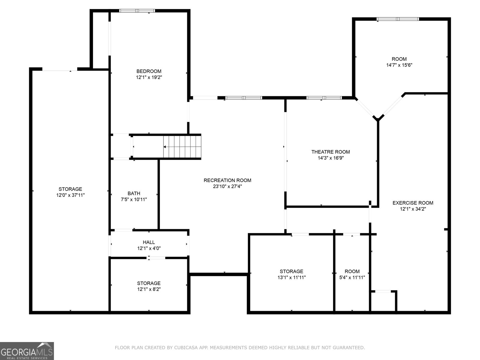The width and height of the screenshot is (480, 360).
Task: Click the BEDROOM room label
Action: (149, 71)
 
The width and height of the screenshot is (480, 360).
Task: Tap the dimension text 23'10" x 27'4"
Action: (227, 186)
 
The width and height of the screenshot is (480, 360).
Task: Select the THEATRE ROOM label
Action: (331, 152)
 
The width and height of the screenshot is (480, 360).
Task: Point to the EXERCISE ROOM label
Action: (413, 203)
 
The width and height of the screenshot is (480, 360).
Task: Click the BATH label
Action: (134, 193)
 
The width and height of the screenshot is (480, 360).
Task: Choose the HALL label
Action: (149, 242)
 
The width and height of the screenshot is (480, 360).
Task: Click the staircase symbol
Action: (182, 147)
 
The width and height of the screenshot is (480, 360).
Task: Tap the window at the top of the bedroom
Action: (137, 11)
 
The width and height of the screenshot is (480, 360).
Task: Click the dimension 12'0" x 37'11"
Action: (70, 195)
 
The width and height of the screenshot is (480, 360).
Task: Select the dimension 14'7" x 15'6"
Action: (399, 65)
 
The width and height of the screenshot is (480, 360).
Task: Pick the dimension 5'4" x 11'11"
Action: (352, 277)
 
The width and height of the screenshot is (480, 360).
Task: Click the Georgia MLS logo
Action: (27, 351)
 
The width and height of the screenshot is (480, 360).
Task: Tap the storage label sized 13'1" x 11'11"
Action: (292, 271)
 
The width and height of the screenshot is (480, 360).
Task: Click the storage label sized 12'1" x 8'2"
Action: (149, 283)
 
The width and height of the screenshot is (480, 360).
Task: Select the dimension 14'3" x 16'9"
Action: (331, 158)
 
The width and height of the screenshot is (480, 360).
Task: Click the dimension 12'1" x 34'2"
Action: (413, 209)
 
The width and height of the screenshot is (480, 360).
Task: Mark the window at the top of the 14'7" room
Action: (398, 19)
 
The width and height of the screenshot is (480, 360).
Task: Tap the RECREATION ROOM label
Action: (227, 180)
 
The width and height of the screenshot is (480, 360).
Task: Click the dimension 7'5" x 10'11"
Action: (134, 199)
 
